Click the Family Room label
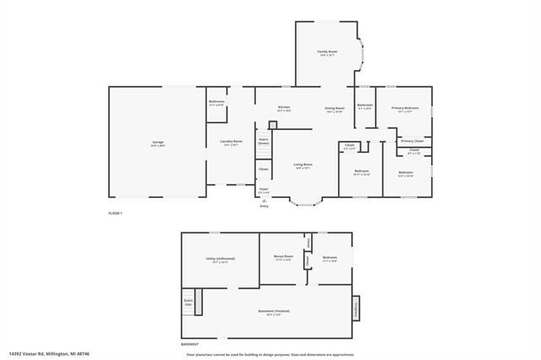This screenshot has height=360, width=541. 326,52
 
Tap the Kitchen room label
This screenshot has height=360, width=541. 285,107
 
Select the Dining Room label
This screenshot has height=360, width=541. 335,108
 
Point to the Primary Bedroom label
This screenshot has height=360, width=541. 404,108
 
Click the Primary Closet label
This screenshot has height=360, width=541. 413,140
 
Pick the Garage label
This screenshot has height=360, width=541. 158,142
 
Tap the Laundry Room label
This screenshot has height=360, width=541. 232,141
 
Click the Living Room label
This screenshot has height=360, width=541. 303,164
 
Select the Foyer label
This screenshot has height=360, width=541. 264,189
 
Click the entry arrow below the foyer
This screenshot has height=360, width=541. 264,200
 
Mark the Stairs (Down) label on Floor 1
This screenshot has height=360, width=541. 263,141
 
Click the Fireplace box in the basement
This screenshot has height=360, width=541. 356,308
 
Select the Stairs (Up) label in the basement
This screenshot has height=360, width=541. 189,301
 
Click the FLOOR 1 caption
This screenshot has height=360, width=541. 116,213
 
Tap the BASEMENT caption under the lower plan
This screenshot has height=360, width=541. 190,344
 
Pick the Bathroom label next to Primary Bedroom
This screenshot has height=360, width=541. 365,106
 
